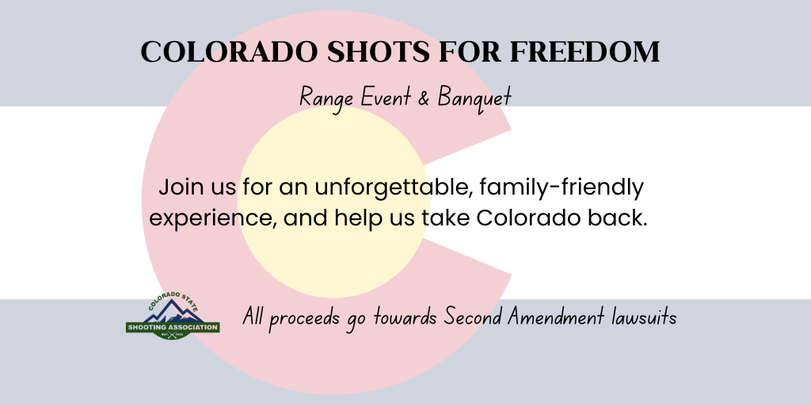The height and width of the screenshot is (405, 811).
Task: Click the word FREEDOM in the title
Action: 585,51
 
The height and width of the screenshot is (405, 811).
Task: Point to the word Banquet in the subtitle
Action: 475,98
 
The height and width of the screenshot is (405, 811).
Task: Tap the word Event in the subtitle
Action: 386,97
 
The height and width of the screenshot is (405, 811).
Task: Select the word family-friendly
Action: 562,188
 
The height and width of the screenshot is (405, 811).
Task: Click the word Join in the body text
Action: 181,188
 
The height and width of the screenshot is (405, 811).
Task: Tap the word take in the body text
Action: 445,218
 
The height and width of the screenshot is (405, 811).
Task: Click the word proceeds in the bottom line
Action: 304,318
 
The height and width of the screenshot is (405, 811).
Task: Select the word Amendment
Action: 555,316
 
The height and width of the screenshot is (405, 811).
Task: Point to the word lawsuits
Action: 643,316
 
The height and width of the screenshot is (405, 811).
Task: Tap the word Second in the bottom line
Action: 474,316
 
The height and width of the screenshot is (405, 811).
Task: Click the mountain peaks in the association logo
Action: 173,311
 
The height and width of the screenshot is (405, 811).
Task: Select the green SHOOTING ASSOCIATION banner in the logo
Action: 173,327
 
